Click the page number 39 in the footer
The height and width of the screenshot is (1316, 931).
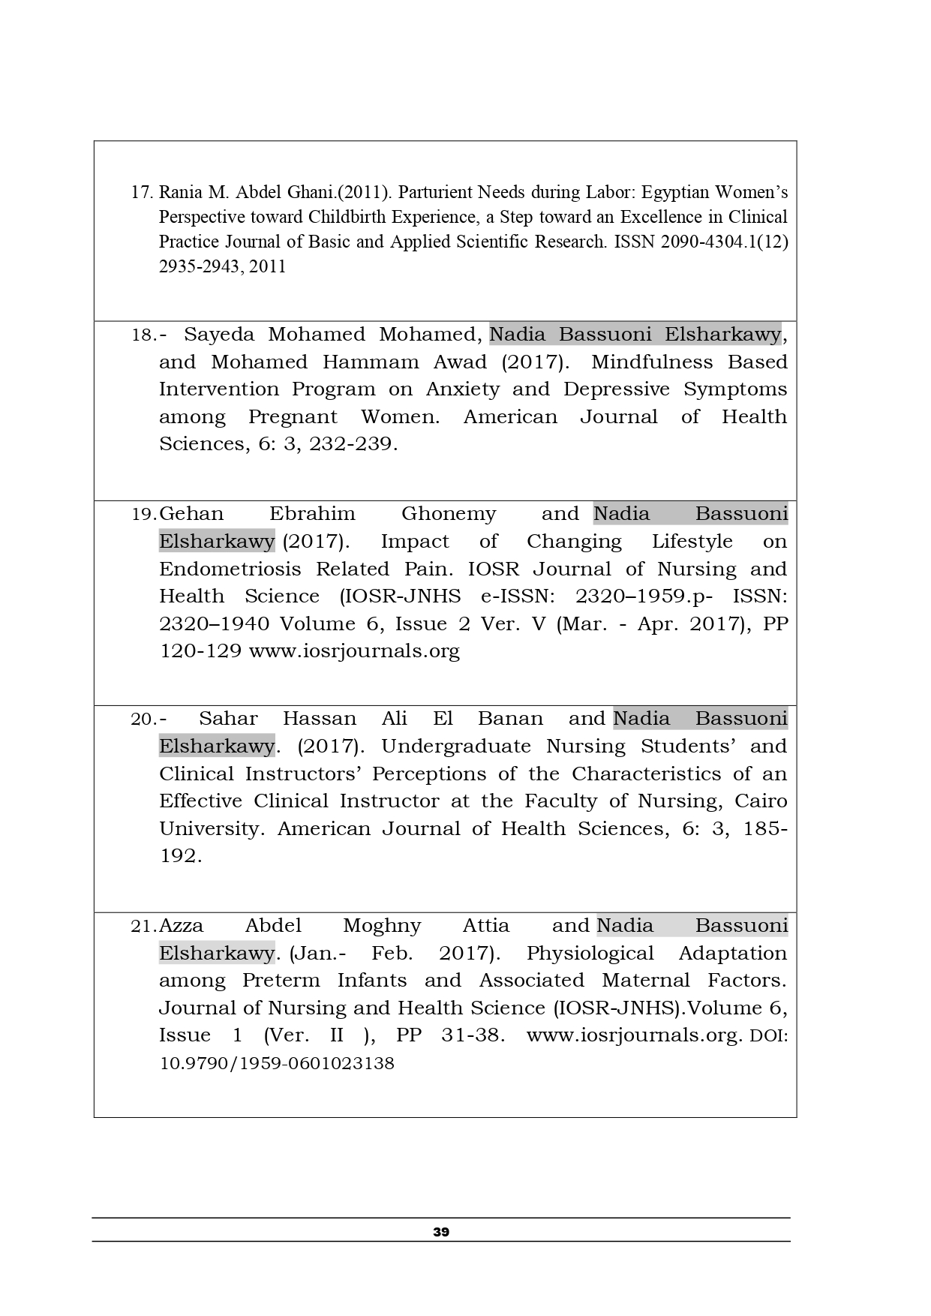441,1232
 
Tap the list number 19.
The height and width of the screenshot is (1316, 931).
143,515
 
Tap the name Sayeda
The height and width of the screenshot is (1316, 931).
219,335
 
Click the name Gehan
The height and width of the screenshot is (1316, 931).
192,514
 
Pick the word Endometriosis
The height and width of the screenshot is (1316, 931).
230,569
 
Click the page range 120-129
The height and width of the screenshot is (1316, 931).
200,651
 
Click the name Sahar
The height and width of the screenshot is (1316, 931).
228,719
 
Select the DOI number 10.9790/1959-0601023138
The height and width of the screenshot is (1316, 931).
277,1064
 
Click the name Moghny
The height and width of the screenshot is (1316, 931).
382,926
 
